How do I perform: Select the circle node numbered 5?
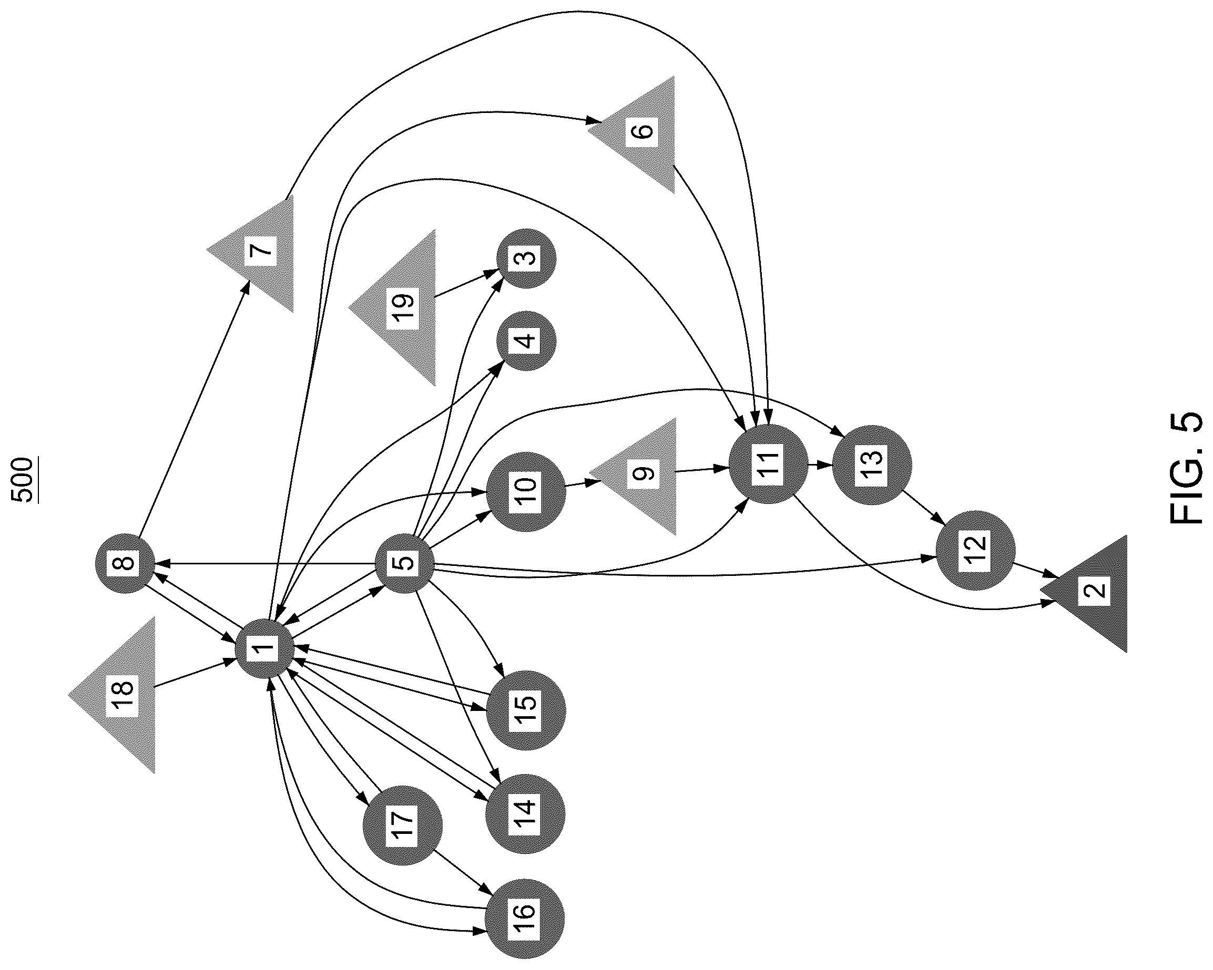click(404, 563)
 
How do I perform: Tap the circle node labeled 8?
click(125, 563)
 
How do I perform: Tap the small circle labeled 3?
click(526, 258)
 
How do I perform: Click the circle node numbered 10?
click(525, 491)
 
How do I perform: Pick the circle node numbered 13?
click(871, 465)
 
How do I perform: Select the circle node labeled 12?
click(975, 550)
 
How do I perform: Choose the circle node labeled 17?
click(403, 825)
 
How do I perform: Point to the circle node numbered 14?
click(525, 813)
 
